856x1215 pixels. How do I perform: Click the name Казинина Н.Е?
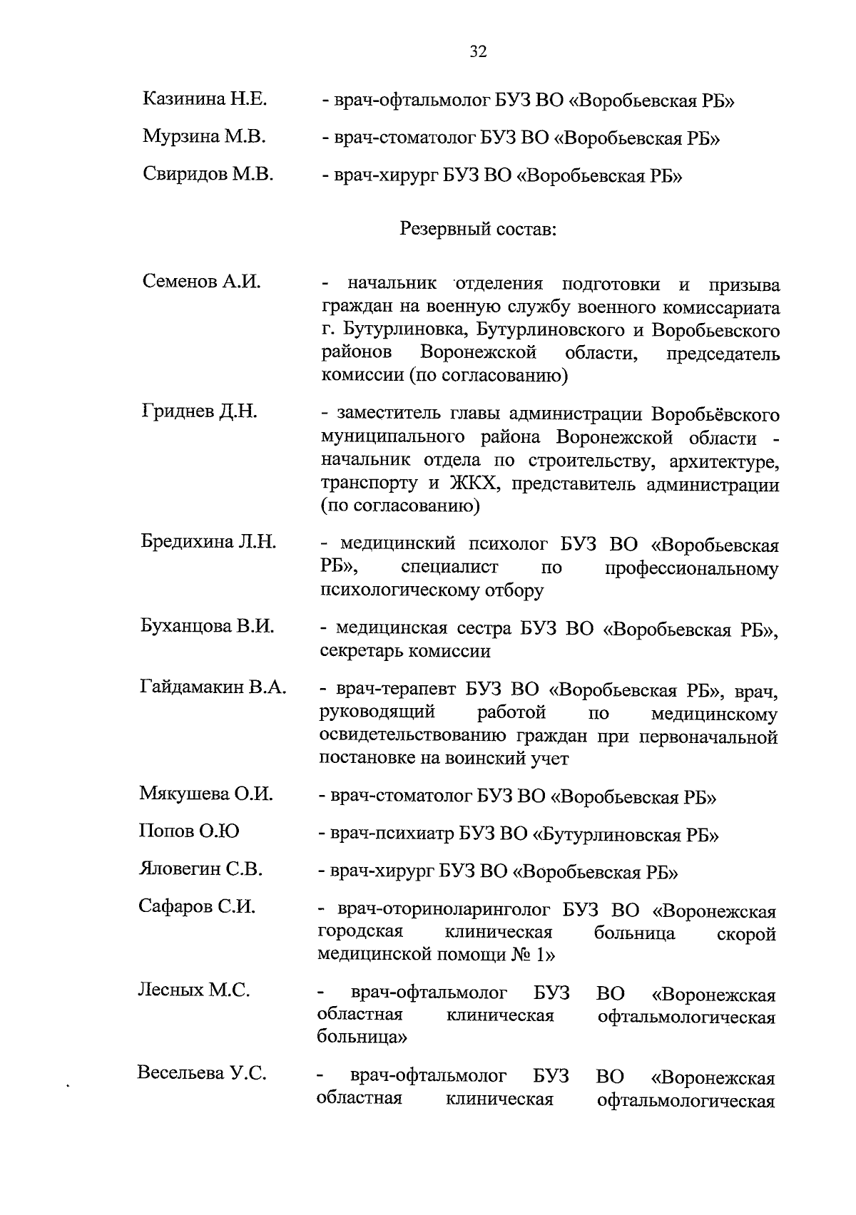205,98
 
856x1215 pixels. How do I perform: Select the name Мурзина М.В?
205,136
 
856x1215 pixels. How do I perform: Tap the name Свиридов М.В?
208,174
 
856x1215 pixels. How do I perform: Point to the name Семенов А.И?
201,282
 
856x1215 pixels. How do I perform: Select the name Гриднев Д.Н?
199,411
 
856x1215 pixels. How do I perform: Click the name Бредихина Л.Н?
208,542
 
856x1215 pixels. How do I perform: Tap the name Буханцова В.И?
207,627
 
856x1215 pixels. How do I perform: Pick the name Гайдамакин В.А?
213,688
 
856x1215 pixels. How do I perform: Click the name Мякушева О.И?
206,794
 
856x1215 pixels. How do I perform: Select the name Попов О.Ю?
189,831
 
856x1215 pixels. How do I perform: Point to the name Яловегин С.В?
200,869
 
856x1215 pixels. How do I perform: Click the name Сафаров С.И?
197,907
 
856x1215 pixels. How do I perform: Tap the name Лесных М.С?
193,990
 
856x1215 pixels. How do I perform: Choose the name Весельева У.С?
202,1073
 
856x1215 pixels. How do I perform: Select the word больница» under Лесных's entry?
362,1037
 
